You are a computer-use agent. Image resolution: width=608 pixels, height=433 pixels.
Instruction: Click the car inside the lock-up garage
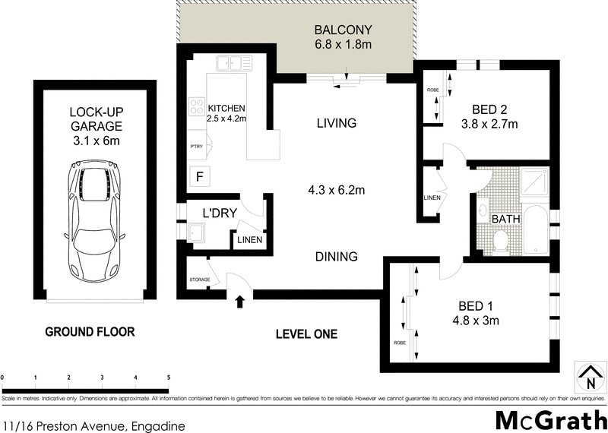[97, 218]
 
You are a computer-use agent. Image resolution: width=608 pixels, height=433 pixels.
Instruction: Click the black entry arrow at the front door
[242, 302]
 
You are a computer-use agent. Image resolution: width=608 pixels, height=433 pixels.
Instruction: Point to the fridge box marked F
[199, 177]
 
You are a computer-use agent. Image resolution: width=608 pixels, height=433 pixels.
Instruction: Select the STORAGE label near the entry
[199, 280]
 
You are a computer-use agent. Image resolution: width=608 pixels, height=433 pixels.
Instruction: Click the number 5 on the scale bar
[169, 378]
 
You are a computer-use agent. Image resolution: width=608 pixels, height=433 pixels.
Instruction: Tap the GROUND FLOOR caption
[90, 332]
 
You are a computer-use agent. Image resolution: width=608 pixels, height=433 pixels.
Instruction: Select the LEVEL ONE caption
[306, 333]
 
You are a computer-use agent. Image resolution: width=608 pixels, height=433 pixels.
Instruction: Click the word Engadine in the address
[158, 427]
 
